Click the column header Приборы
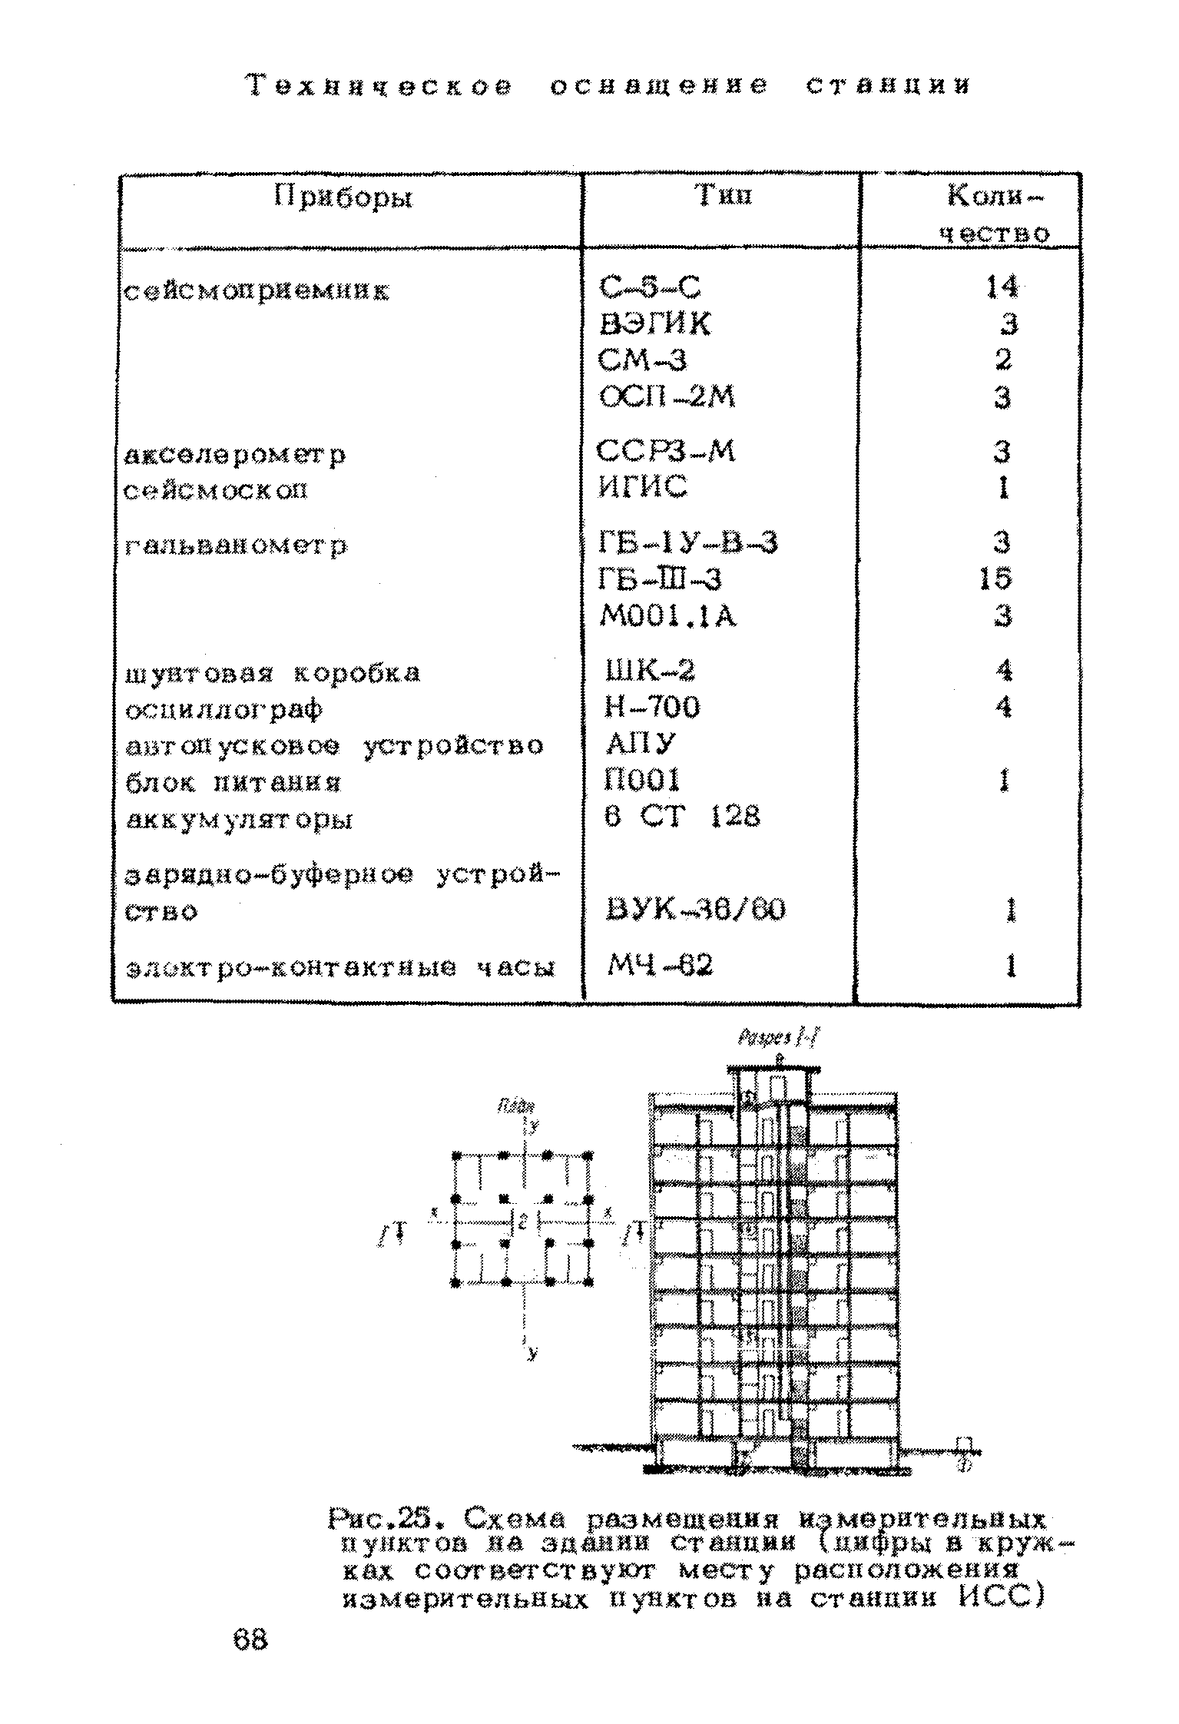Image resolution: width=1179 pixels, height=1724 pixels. (x=343, y=199)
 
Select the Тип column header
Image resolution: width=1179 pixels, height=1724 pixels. (x=723, y=197)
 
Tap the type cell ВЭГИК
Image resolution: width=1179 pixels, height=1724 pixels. (x=655, y=324)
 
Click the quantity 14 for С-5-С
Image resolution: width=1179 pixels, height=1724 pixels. (x=1001, y=287)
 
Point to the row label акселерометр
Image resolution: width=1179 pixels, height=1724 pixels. (x=235, y=455)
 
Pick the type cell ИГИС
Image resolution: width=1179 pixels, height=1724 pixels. (x=643, y=487)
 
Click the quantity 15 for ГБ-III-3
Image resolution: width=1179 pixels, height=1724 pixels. (x=995, y=579)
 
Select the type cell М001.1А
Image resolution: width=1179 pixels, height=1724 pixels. (x=667, y=616)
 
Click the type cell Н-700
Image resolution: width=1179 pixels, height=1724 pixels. (x=652, y=707)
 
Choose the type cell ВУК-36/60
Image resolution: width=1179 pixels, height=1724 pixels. (x=696, y=910)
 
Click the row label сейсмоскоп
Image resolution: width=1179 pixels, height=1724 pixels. (x=216, y=489)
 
